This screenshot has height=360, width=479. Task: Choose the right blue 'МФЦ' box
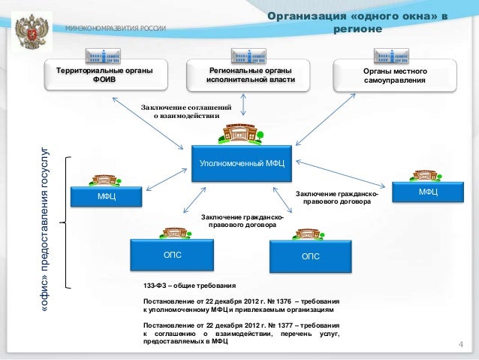pos(429,193)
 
